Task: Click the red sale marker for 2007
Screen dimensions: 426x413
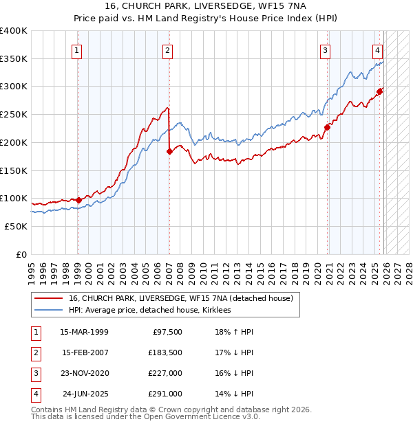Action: pos(169,151)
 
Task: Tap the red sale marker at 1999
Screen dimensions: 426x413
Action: pos(78,200)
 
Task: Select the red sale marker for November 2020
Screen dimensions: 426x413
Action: pos(328,127)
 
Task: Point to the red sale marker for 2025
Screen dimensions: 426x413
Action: pos(379,91)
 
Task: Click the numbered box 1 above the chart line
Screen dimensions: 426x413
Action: pos(77,49)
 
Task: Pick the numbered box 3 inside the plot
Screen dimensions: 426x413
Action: pos(325,49)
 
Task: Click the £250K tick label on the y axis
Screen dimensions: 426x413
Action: pos(14,114)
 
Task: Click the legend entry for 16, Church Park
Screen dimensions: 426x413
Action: pos(181,298)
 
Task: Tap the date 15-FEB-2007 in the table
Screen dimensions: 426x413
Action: pos(84,352)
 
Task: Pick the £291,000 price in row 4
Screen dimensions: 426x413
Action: pos(166,394)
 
